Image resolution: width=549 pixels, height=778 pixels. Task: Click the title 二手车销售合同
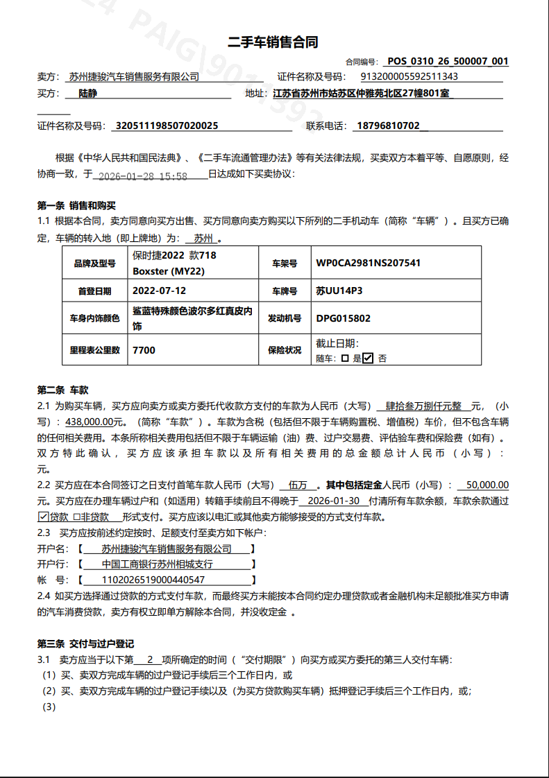273,42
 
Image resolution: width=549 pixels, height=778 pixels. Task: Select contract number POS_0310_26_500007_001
448,61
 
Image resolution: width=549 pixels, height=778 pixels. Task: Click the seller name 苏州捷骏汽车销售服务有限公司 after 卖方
134,77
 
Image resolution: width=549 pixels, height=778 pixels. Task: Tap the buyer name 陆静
88,94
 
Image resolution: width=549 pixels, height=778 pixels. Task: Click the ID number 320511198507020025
167,126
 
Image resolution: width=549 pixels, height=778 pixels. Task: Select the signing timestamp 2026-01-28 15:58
143,176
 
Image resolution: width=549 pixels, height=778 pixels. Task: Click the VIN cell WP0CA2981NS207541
368,263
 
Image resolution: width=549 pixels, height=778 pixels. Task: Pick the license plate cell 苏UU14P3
339,291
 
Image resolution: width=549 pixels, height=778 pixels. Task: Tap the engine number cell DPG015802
343,319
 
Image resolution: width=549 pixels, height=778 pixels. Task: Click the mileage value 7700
144,350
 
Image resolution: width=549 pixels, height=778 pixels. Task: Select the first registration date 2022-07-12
159,291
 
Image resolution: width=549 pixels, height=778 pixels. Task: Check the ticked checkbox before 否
368,358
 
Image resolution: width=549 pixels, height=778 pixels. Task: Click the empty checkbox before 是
345,358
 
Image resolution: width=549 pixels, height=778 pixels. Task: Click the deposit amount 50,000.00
488,485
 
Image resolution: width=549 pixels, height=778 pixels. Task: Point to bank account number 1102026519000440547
153,580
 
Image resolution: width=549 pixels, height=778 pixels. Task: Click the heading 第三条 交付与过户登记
85,644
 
